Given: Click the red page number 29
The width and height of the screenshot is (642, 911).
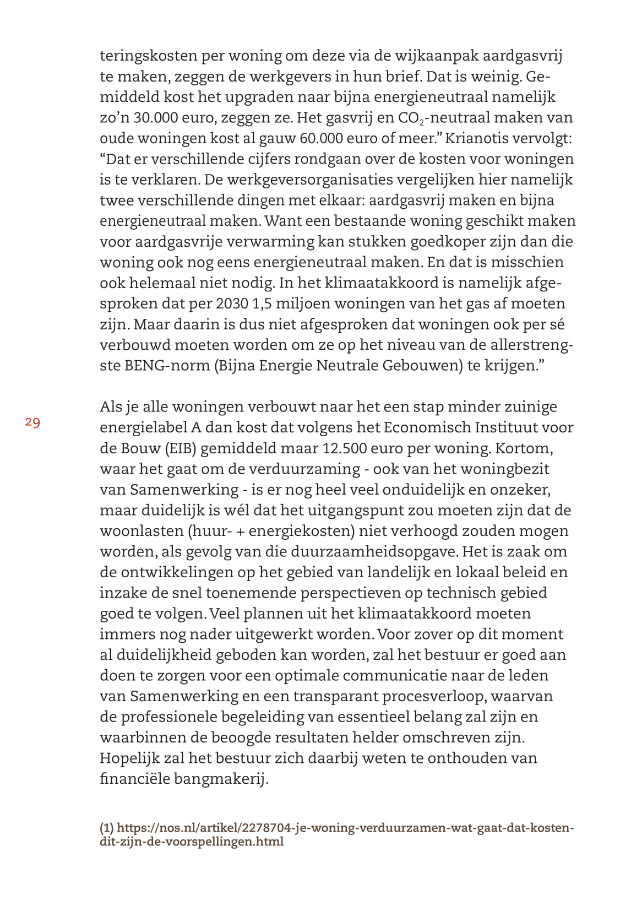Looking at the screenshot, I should [x=32, y=422].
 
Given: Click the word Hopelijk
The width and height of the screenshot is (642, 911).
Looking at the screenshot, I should [x=129, y=758].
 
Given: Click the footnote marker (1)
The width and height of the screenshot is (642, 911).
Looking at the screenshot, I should [x=106, y=828].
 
